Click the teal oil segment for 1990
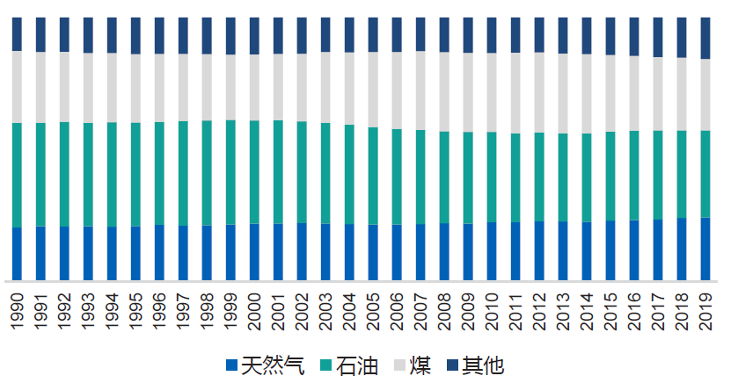click(x=17, y=175)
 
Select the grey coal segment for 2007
click(x=420, y=90)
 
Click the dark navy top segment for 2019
click(x=705, y=38)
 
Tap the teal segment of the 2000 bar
click(x=254, y=172)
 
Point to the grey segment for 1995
click(x=135, y=89)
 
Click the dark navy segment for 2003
click(x=325, y=34)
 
